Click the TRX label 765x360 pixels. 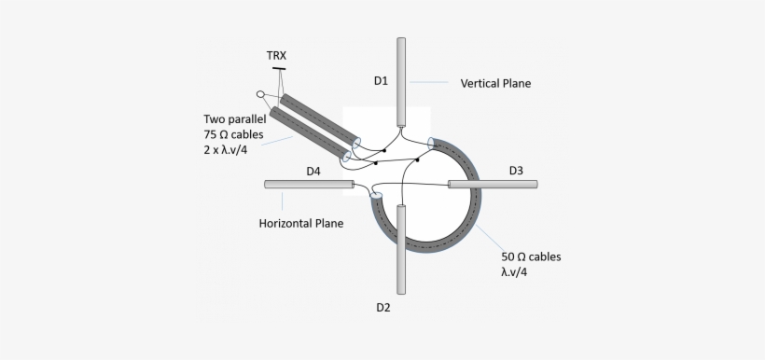pyautogui.click(x=276, y=56)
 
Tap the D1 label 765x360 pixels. pyautogui.click(x=381, y=80)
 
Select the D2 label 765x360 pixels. pyautogui.click(x=383, y=307)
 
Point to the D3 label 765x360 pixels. pyautogui.click(x=516, y=171)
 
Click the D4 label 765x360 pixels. pyautogui.click(x=313, y=171)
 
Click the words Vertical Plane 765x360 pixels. pyautogui.click(x=495, y=83)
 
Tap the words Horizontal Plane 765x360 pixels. pyautogui.click(x=300, y=223)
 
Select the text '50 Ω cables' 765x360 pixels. pyautogui.click(x=532, y=256)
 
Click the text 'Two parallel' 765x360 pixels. pyautogui.click(x=235, y=119)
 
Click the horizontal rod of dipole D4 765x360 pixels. pyautogui.click(x=309, y=185)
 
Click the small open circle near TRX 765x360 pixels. pyautogui.click(x=260, y=94)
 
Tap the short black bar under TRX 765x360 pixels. pyautogui.click(x=278, y=69)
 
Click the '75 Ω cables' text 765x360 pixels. pyautogui.click(x=233, y=135)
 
